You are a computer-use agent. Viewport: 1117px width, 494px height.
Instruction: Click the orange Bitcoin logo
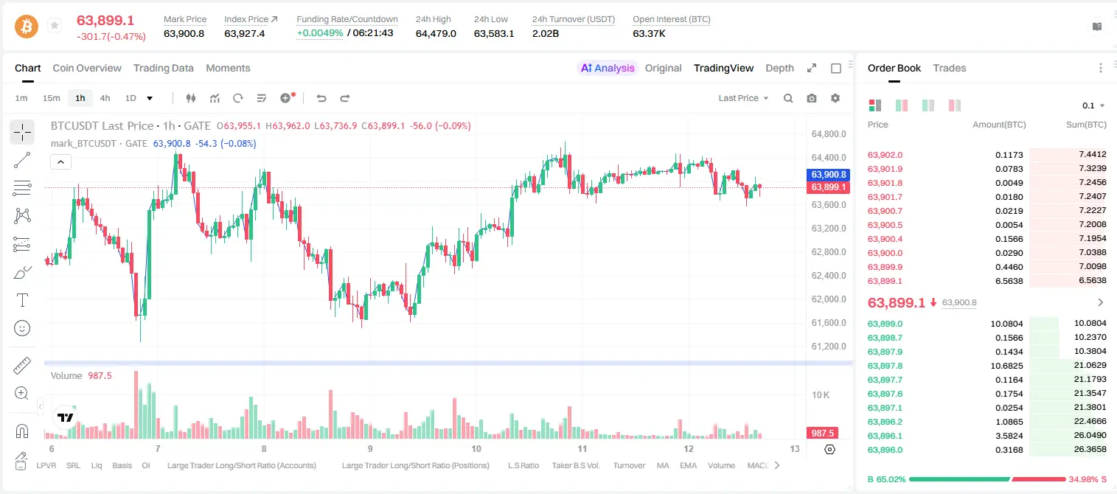point(27,27)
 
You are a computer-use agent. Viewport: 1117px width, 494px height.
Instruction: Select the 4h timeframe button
point(105,98)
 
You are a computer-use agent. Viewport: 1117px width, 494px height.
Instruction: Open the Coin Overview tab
point(87,68)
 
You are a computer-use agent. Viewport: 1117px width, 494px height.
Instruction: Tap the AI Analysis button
point(608,68)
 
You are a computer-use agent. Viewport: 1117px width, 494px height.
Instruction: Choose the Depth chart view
point(779,68)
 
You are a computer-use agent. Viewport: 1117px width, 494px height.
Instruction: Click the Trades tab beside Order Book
point(950,68)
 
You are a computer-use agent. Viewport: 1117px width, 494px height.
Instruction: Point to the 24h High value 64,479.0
point(436,33)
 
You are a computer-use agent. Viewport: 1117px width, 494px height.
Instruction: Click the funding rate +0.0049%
point(320,33)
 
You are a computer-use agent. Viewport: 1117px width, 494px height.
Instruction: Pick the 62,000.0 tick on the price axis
point(829,299)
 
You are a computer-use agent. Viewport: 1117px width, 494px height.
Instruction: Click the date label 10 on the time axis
point(476,448)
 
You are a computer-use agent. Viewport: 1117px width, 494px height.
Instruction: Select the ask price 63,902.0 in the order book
point(885,155)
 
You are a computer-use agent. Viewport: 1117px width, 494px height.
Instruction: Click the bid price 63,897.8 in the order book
point(885,366)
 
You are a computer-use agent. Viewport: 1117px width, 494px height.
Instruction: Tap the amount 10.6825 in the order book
point(1007,366)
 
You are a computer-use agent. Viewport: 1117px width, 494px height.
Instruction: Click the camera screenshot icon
point(812,98)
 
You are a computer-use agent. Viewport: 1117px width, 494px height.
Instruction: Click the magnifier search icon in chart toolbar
point(788,98)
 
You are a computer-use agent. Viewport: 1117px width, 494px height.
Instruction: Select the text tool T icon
point(22,300)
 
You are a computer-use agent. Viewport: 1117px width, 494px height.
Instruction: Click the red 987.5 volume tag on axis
point(822,434)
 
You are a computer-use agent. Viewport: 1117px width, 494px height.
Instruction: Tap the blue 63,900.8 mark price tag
point(828,175)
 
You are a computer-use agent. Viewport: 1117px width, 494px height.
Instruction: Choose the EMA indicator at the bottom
point(688,465)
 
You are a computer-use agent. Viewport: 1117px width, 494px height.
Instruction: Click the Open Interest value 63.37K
point(649,33)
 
